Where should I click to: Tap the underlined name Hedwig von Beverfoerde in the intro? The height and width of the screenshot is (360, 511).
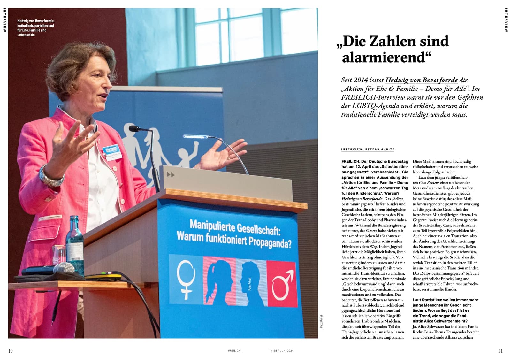click(x=421, y=80)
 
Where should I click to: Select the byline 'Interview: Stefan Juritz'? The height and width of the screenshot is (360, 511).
click(x=368, y=149)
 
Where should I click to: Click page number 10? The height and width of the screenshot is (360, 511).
click(x=11, y=351)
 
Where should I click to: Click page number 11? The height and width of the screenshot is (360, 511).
click(x=500, y=351)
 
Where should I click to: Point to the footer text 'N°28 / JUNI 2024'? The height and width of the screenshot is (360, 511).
click(x=282, y=351)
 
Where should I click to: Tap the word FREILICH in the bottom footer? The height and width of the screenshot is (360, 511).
click(x=234, y=351)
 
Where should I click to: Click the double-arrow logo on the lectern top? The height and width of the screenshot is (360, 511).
click(x=171, y=175)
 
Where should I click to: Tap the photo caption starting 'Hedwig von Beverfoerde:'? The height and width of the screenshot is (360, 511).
click(x=35, y=28)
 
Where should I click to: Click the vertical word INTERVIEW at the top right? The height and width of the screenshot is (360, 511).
click(x=506, y=20)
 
